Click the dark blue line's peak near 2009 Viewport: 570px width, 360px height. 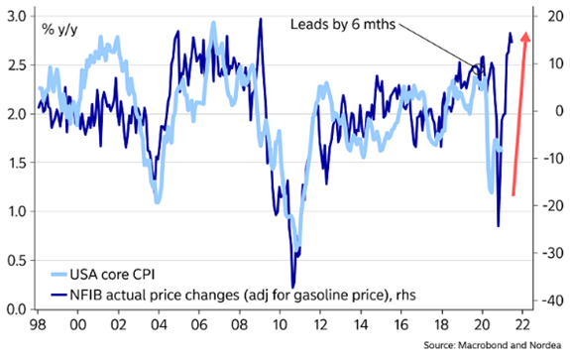tap(259, 20)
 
